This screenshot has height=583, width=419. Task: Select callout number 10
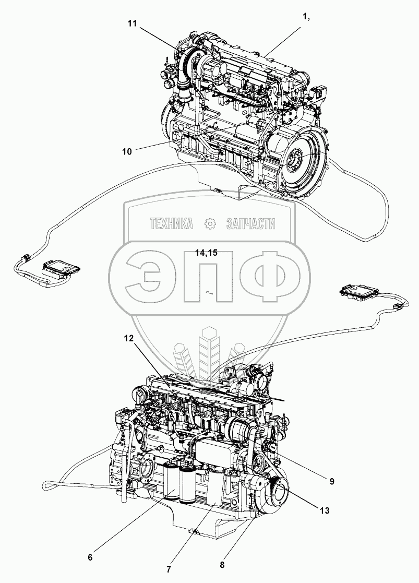pyautogui.click(x=127, y=151)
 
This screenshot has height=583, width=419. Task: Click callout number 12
pyautogui.click(x=128, y=338)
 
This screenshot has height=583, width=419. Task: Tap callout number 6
pyautogui.click(x=90, y=557)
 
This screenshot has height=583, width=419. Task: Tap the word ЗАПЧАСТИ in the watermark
pyautogui.click(x=250, y=224)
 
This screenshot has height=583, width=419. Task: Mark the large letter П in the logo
pyautogui.click(x=207, y=275)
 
